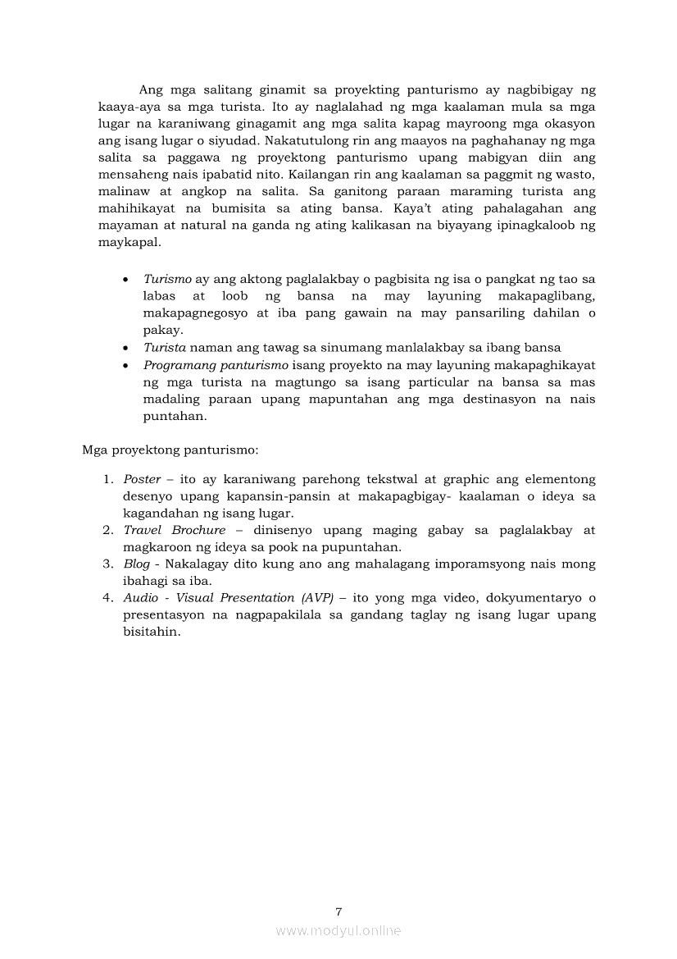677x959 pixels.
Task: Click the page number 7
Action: (x=338, y=911)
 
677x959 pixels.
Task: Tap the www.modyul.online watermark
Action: (x=338, y=930)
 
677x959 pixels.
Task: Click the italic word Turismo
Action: (x=167, y=279)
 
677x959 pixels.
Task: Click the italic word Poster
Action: (x=141, y=479)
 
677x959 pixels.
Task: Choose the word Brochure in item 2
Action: (x=198, y=530)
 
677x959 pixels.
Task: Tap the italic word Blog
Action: (x=137, y=564)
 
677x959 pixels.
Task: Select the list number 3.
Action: (x=107, y=564)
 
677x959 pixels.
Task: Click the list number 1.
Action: (x=107, y=479)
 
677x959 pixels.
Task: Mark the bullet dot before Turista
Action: (x=125, y=349)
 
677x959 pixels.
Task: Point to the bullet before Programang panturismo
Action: (x=125, y=365)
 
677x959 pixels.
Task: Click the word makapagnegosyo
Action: (x=192, y=313)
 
